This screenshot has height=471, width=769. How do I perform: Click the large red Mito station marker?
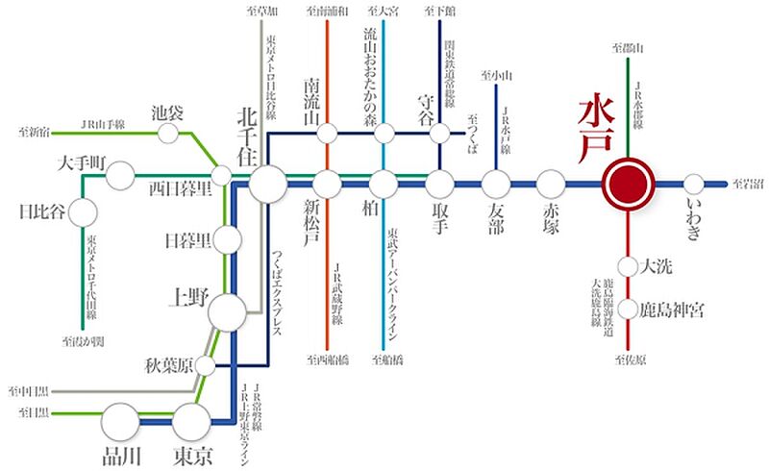[x=627, y=182]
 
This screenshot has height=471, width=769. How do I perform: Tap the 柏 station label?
[x=384, y=212]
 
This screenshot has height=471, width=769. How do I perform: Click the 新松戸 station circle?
[x=328, y=183]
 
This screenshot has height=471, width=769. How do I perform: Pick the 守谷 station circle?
[x=440, y=133]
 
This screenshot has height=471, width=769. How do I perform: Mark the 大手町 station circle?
[x=121, y=177]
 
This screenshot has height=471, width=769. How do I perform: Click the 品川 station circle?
[x=121, y=420]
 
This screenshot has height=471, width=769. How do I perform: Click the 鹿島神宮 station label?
[x=674, y=310]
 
